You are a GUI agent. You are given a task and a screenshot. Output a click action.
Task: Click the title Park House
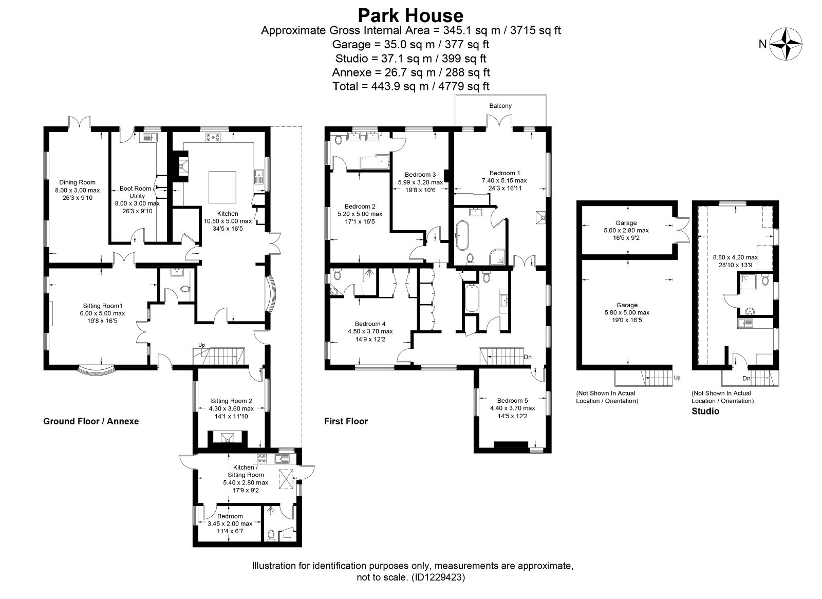pyautogui.click(x=410, y=15)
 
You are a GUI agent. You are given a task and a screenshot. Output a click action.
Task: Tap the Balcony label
pyautogui.click(x=500, y=106)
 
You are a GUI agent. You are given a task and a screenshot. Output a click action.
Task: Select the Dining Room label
pyautogui.click(x=78, y=182)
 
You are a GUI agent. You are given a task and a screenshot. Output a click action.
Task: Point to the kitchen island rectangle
pyautogui.click(x=222, y=187)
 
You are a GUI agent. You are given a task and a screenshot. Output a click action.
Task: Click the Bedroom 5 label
pyautogui.click(x=512, y=400)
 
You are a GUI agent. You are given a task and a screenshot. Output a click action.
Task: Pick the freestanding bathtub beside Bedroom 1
pyautogui.click(x=462, y=235)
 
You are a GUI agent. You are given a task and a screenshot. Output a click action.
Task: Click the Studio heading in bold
pyautogui.click(x=705, y=411)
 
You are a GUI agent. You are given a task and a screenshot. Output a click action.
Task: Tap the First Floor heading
pyautogui.click(x=346, y=421)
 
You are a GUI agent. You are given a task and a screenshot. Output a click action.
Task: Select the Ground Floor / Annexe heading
pyautogui.click(x=91, y=421)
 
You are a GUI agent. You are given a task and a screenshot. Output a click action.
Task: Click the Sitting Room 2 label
pyautogui.click(x=231, y=401)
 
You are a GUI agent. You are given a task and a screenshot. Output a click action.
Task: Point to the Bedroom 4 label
pyautogui.click(x=370, y=324)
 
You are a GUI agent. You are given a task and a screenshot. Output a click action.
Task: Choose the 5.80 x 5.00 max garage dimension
pyautogui.click(x=627, y=313)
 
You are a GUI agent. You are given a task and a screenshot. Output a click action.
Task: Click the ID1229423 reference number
pyautogui.click(x=438, y=577)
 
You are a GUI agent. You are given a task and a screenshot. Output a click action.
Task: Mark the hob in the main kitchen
pyautogui.click(x=213, y=138)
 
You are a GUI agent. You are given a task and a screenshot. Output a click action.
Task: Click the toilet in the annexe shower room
pyautogui.click(x=271, y=535)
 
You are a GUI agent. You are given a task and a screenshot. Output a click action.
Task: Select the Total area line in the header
pyautogui.click(x=411, y=86)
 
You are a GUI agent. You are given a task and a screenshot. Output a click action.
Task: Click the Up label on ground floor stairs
pyautogui.click(x=201, y=345)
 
